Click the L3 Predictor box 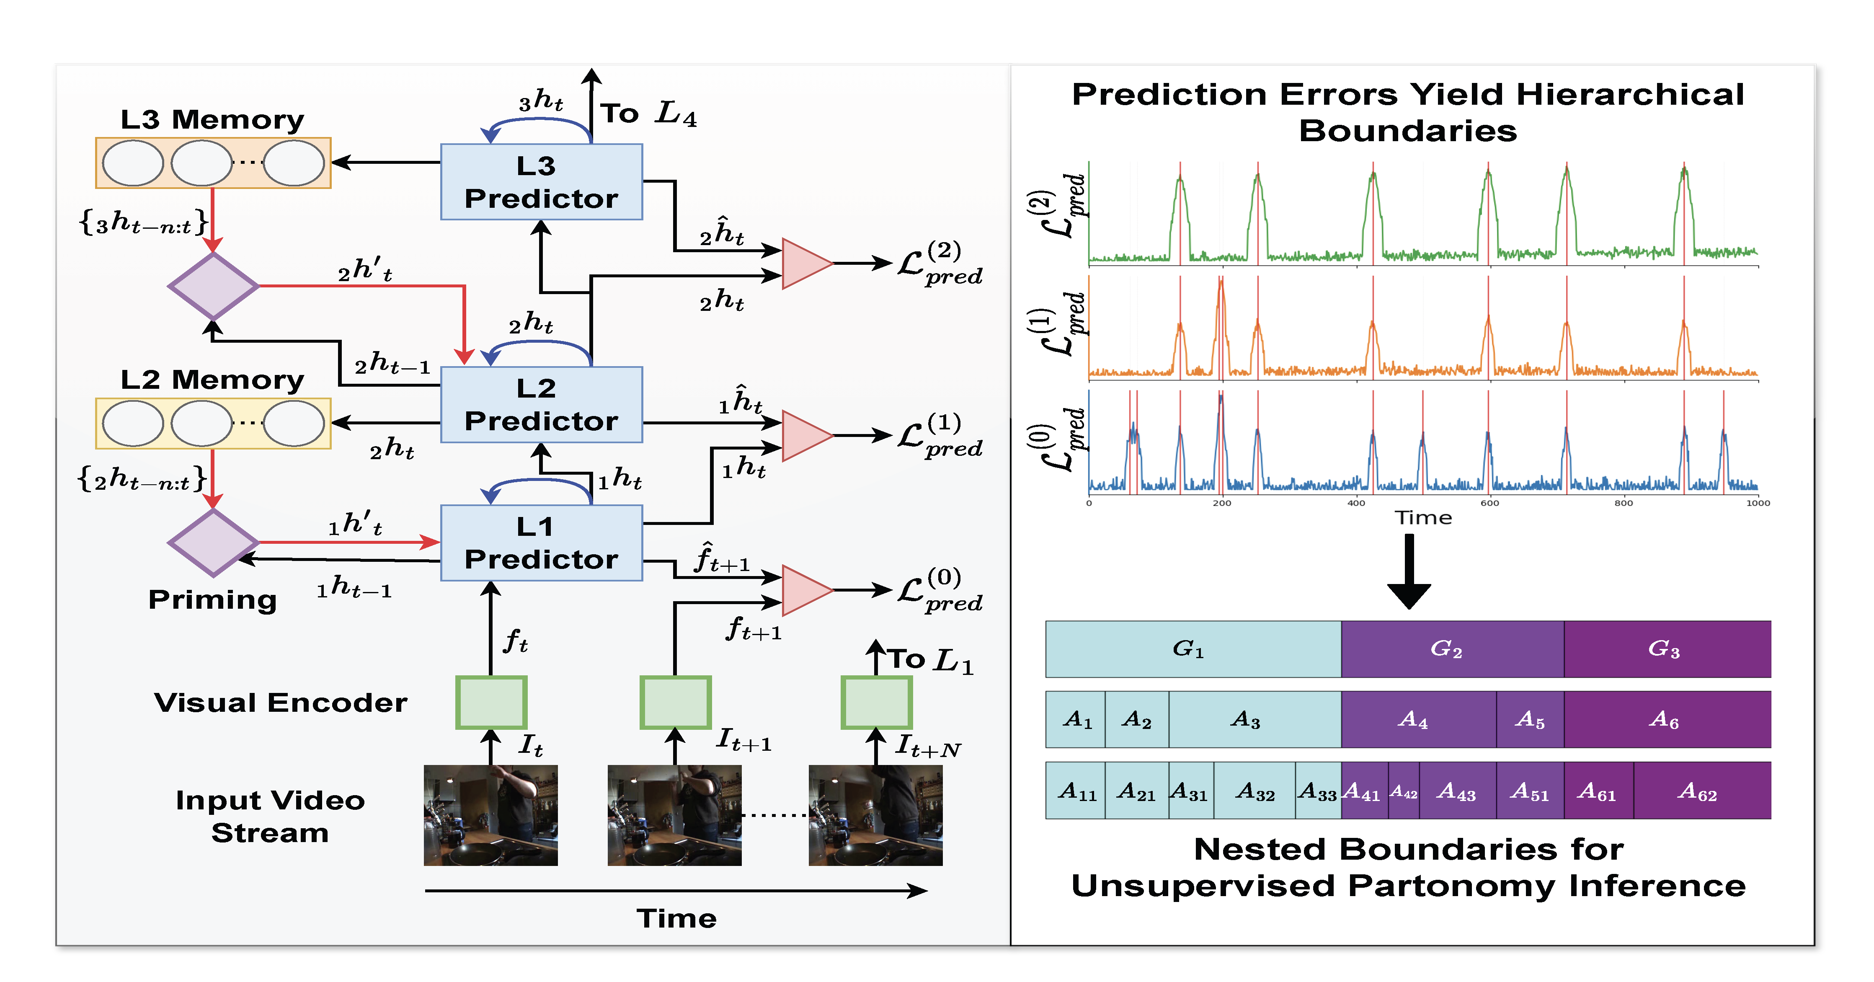(x=541, y=182)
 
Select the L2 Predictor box (x=541, y=404)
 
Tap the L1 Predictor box (x=541, y=543)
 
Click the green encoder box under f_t (x=491, y=702)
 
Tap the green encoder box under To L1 (x=877, y=702)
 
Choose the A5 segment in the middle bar (x=1530, y=719)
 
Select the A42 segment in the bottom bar (x=1403, y=791)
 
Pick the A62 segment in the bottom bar (x=1701, y=791)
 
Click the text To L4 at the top (x=648, y=114)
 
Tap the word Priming (x=212, y=600)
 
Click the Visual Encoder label (x=280, y=703)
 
